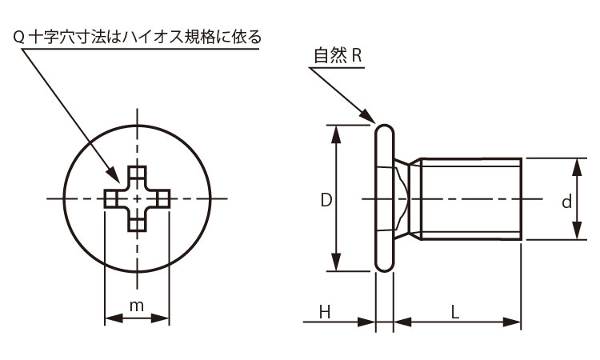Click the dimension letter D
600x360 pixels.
tap(326, 200)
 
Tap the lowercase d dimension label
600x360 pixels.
tap(566, 202)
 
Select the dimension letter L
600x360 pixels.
tap(455, 313)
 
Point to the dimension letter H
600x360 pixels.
tap(325, 313)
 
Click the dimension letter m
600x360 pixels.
tap(137, 306)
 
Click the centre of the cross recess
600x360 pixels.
tap(138, 198)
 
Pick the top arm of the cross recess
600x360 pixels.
tap(138, 175)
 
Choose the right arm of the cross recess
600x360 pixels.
tap(162, 198)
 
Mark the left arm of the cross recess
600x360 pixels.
tap(112, 198)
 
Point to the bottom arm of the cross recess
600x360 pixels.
tap(138, 222)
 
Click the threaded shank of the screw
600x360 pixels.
tap(472, 198)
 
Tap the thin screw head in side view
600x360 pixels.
tap(385, 198)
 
